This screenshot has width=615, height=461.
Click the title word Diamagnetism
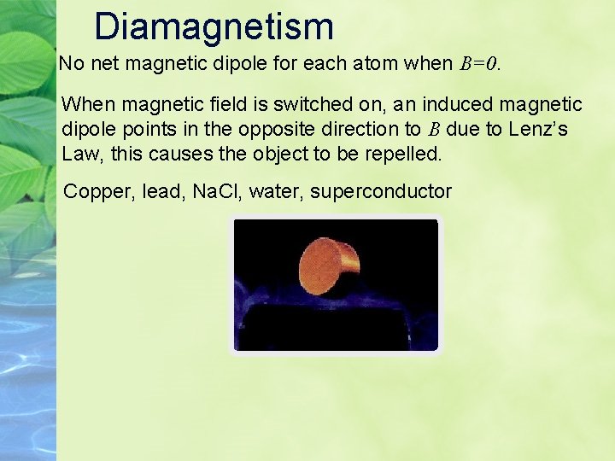[214, 26]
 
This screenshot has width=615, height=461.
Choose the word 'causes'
[176, 154]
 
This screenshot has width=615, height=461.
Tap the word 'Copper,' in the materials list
[97, 191]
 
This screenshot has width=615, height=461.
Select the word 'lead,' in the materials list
[160, 191]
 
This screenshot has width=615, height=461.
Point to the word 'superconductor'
[380, 191]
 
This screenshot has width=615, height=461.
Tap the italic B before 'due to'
[434, 131]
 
